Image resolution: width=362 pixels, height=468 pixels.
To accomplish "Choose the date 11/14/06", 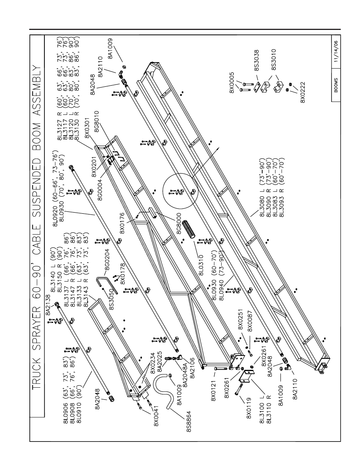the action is pyautogui.click(x=336, y=52).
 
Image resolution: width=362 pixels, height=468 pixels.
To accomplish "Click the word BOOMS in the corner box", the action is pyautogui.click(x=336, y=85).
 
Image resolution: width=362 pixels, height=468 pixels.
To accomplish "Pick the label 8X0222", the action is pyautogui.click(x=303, y=92).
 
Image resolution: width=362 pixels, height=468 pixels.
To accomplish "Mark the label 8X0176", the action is pyautogui.click(x=122, y=223).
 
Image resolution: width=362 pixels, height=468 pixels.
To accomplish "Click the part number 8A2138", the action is pyautogui.click(x=48, y=305).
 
